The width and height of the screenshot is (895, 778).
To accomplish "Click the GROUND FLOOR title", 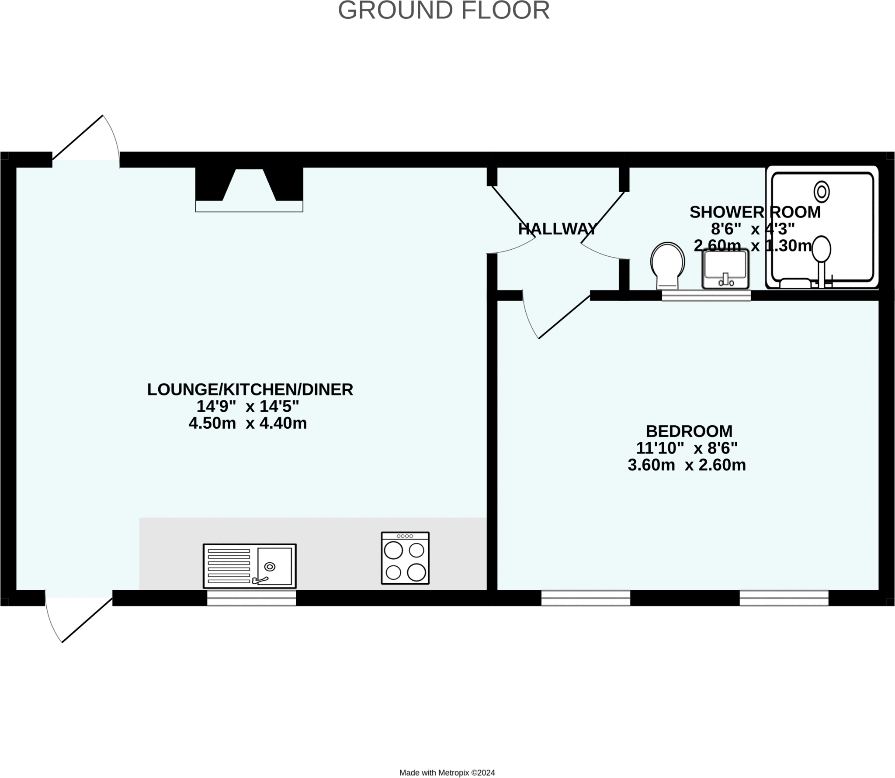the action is point(444,10).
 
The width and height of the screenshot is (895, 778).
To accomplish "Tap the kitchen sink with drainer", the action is point(250,566).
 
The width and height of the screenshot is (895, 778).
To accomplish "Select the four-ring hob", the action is point(405,558).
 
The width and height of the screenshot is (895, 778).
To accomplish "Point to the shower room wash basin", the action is point(725,269).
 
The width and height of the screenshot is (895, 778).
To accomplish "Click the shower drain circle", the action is point(822,192).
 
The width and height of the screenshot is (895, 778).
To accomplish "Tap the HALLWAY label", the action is point(558,229).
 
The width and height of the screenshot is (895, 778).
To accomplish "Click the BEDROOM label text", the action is point(689,431).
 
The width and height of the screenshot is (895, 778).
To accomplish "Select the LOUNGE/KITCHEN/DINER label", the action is point(250,389).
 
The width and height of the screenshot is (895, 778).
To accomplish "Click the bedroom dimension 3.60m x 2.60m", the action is point(687,465).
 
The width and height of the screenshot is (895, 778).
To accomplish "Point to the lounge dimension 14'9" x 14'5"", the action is point(247,406).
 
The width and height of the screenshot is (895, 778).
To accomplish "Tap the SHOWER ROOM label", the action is point(755,212).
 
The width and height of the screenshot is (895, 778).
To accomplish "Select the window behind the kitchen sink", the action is point(251,598).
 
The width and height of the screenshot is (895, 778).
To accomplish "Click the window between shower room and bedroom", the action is point(706,296).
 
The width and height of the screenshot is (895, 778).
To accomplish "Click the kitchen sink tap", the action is point(260,580).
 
